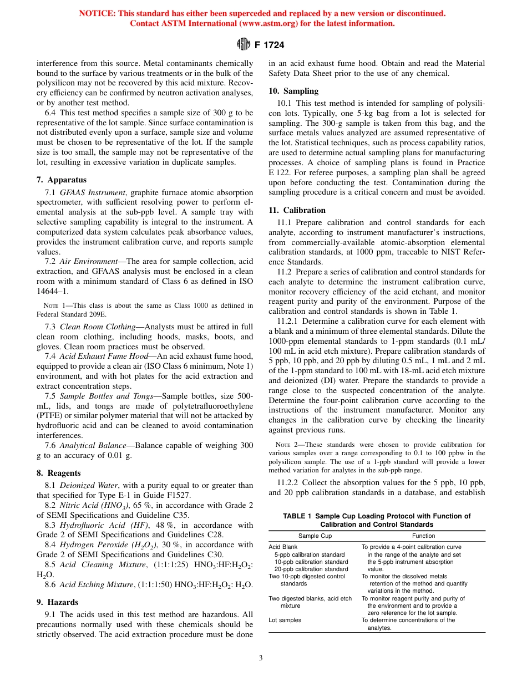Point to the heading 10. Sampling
point(293,91)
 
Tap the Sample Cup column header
point(315,536)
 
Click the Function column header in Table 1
point(423,536)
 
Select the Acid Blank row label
point(283,547)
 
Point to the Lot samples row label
point(285,620)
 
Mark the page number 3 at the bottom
point(261,658)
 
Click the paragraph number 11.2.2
point(288,483)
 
